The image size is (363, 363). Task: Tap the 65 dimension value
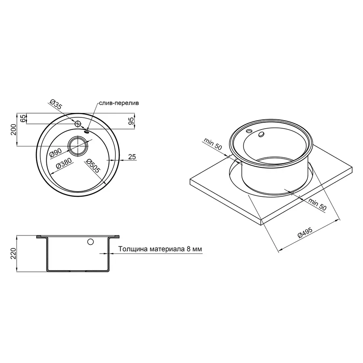(x=23, y=119)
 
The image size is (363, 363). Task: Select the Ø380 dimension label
(x=63, y=163)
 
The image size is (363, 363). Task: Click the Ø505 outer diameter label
(x=93, y=167)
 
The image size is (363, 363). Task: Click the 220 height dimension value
(x=14, y=253)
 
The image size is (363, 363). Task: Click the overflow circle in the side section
(x=90, y=242)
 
